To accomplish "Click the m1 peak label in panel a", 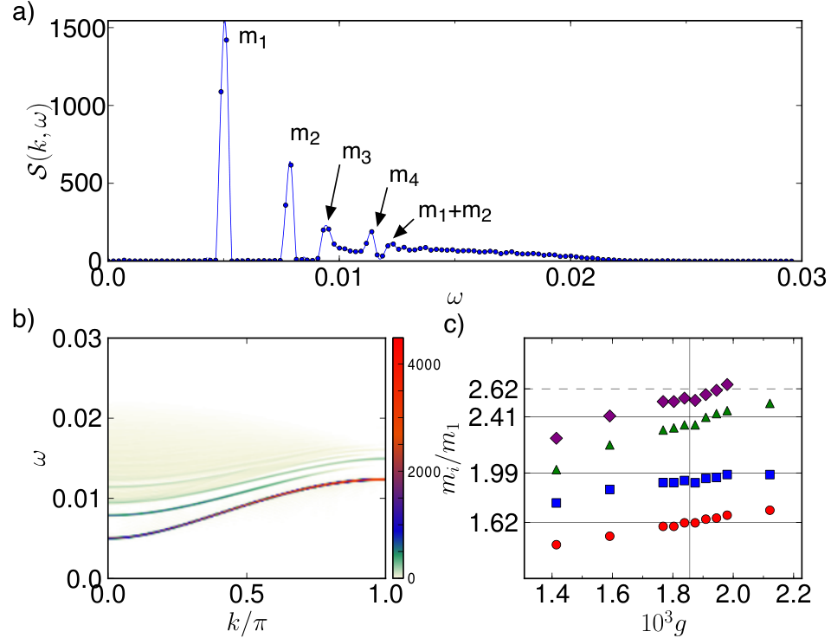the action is pos(252,37).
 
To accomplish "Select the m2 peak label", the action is pos(305,134).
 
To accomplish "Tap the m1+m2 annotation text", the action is pos(454,211).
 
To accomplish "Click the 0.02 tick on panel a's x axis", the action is pos(570,278).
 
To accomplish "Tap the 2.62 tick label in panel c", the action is pos(492,390).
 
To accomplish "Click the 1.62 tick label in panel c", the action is pos(492,524).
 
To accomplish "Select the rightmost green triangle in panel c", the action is pos(770,403).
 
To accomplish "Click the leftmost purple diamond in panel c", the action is pos(557,438).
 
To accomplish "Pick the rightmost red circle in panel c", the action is pos(770,510).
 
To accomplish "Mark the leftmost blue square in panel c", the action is pos(556,502).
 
